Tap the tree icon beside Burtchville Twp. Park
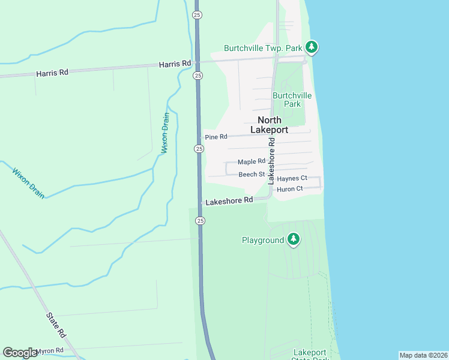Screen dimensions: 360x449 coord(311,47)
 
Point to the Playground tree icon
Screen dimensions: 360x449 coord(293,239)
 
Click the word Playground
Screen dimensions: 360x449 coord(262,240)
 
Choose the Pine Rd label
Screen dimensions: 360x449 coord(216,137)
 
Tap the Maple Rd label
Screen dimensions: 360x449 coord(251,161)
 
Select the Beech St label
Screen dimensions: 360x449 coord(252,174)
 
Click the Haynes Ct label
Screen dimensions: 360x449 coord(292,178)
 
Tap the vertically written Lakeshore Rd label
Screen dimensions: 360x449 coord(271,160)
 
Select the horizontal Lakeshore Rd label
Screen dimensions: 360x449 coord(229,202)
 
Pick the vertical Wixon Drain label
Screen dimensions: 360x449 coord(165,134)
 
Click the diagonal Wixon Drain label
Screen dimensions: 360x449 coord(28,182)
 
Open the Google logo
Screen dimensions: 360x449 coord(20,353)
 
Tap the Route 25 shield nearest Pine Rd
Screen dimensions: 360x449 coord(198,148)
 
